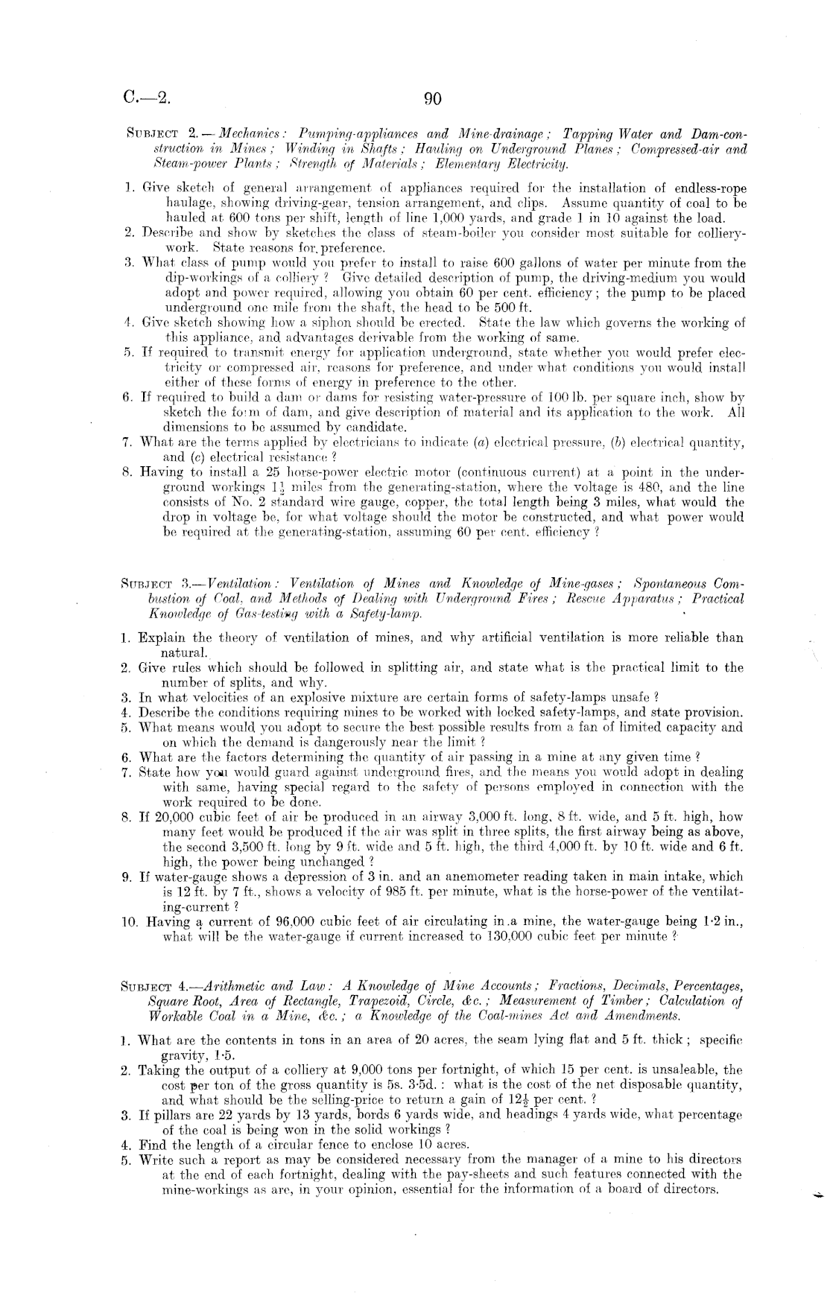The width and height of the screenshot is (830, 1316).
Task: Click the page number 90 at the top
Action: point(434,99)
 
